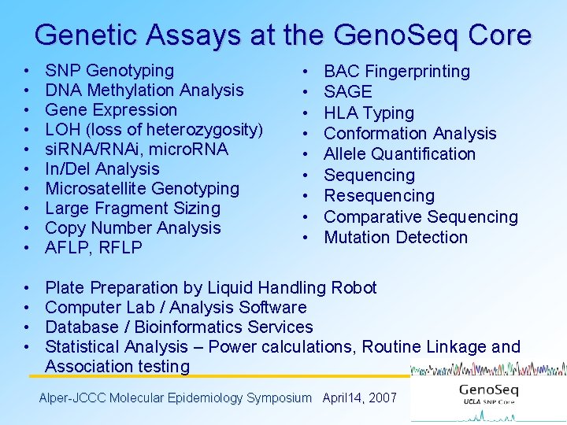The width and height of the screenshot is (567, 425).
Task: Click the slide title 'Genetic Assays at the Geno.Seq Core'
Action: click(x=283, y=35)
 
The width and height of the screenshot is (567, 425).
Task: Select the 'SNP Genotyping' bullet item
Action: click(x=109, y=71)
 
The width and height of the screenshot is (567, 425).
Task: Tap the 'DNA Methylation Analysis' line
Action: click(x=144, y=91)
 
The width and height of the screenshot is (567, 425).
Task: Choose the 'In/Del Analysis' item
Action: click(x=102, y=169)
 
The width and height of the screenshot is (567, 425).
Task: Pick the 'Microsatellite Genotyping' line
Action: click(x=142, y=189)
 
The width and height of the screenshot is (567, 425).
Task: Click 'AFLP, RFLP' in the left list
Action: click(x=94, y=248)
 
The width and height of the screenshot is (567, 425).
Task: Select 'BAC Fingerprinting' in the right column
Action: click(x=397, y=72)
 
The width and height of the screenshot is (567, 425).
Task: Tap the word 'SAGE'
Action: click(x=347, y=92)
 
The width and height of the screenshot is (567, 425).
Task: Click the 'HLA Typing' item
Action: click(x=369, y=113)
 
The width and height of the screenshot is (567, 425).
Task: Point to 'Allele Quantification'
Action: click(x=399, y=154)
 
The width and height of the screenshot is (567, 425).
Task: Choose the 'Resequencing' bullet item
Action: click(x=379, y=196)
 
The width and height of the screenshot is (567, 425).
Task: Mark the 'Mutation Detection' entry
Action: click(x=395, y=238)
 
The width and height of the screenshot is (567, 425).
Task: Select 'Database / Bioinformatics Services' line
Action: click(x=179, y=327)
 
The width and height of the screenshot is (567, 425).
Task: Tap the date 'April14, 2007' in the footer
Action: click(x=360, y=398)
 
